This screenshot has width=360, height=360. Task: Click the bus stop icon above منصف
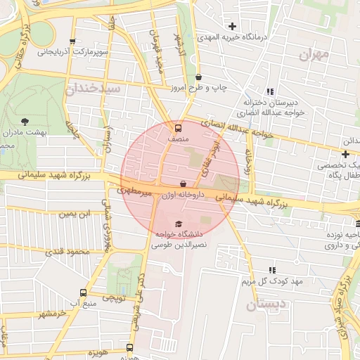(x=177, y=129)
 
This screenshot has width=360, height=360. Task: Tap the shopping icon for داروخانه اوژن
(x=183, y=184)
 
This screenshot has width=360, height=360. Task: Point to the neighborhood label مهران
(x=314, y=54)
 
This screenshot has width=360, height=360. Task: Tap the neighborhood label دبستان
(x=266, y=305)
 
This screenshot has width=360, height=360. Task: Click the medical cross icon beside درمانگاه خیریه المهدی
(x=231, y=27)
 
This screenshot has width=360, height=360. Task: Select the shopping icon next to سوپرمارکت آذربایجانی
(x=72, y=41)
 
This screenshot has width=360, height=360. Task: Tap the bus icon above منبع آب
(x=84, y=292)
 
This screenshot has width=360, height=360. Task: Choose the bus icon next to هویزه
(x=129, y=347)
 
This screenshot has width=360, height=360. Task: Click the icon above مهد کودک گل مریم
(x=271, y=270)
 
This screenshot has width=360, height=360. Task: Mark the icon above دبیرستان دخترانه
(x=269, y=91)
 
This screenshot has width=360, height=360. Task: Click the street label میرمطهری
(x=134, y=191)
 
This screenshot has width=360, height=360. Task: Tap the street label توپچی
(x=114, y=298)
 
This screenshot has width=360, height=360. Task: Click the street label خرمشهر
(x=51, y=314)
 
